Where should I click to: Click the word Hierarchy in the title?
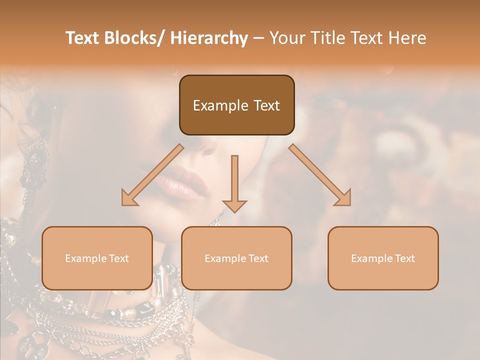click(x=209, y=38)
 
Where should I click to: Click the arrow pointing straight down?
click(x=234, y=185)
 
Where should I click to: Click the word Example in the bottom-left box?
click(x=85, y=258)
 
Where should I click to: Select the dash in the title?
click(x=258, y=39)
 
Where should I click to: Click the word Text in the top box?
click(x=265, y=105)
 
